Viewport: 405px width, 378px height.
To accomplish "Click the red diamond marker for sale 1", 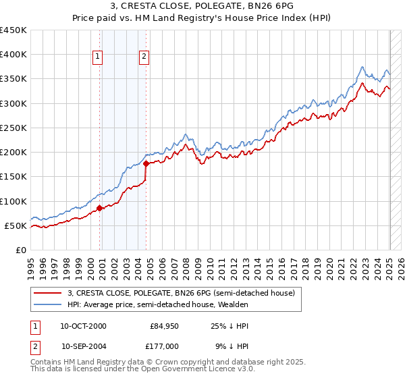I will (100, 208).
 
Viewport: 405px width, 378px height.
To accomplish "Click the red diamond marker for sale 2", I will (146, 163).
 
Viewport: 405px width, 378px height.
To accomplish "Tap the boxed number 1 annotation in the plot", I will (99, 57).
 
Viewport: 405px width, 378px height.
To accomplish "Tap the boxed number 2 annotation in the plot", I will (144, 57).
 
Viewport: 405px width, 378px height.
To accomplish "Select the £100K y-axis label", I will (13, 201).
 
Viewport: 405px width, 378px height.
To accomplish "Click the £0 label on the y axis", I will (21, 250).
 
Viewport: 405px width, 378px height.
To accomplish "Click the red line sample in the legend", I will (47, 294).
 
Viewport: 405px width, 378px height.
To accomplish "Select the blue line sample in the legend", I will (47, 304).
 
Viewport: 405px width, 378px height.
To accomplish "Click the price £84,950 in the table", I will (164, 326).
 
